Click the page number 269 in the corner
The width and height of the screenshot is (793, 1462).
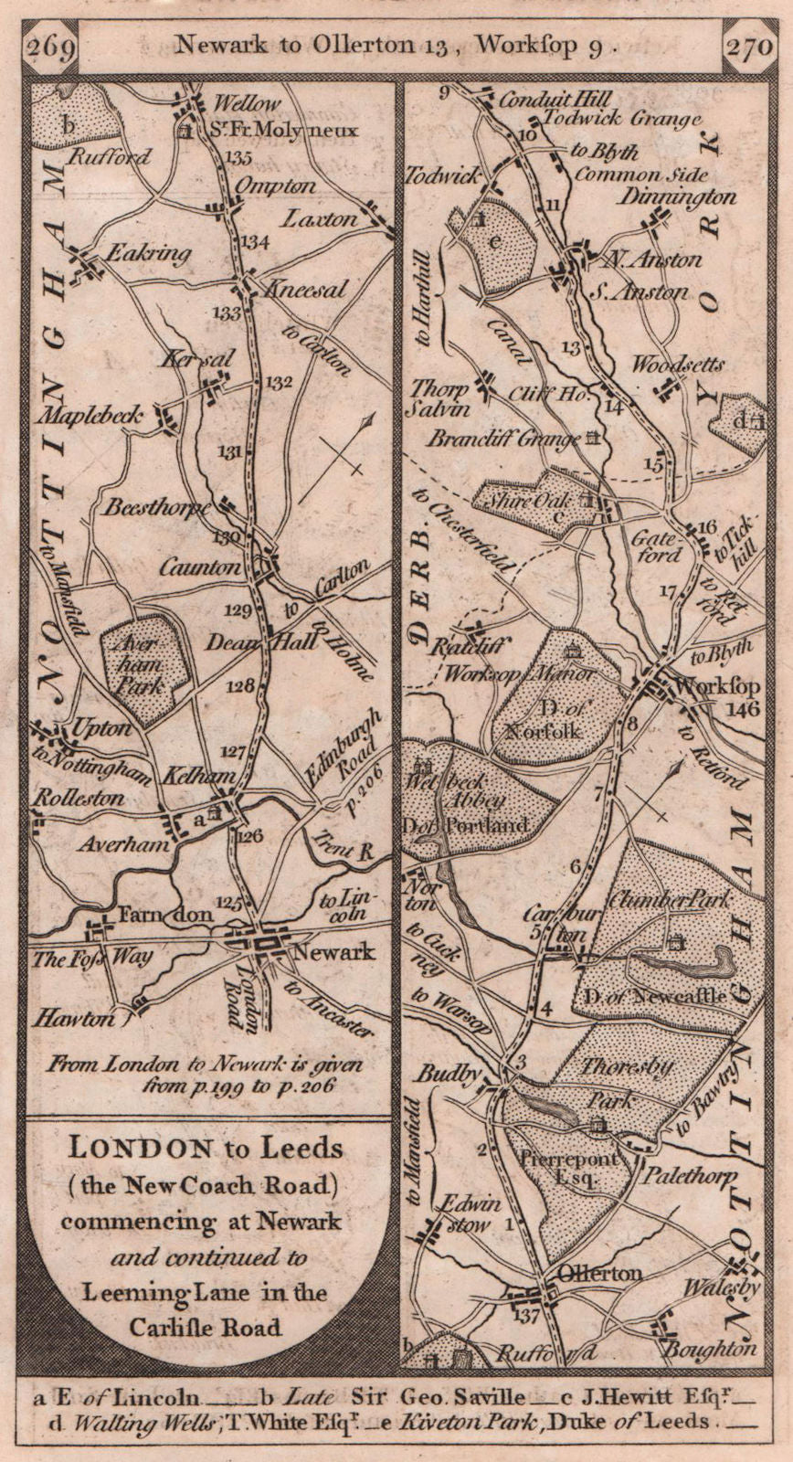tap(50, 46)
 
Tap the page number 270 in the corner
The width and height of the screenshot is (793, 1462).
tap(748, 46)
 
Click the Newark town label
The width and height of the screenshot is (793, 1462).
tap(332, 951)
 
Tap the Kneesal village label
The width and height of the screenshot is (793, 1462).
tap(304, 290)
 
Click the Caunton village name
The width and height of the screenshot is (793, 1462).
tap(199, 567)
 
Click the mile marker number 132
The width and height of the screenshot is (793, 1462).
tap(279, 382)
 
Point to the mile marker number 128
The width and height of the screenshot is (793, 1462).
tap(239, 686)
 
